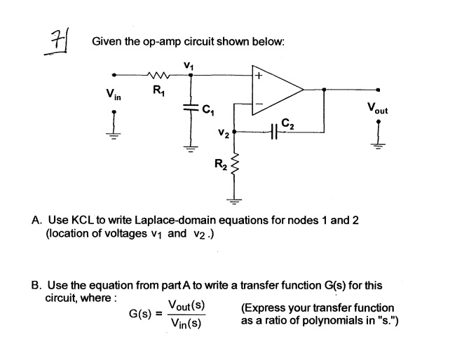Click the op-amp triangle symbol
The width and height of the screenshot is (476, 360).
coord(277,90)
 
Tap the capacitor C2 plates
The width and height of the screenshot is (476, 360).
coord(275,131)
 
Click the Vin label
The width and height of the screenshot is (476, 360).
coord(112,94)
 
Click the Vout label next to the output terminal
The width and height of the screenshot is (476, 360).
coord(376,109)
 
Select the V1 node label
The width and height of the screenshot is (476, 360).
coord(188,64)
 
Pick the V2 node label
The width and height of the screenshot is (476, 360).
coord(223,131)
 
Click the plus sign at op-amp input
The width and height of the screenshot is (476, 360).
coord(259,74)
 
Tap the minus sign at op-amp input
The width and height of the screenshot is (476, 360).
coord(259,104)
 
